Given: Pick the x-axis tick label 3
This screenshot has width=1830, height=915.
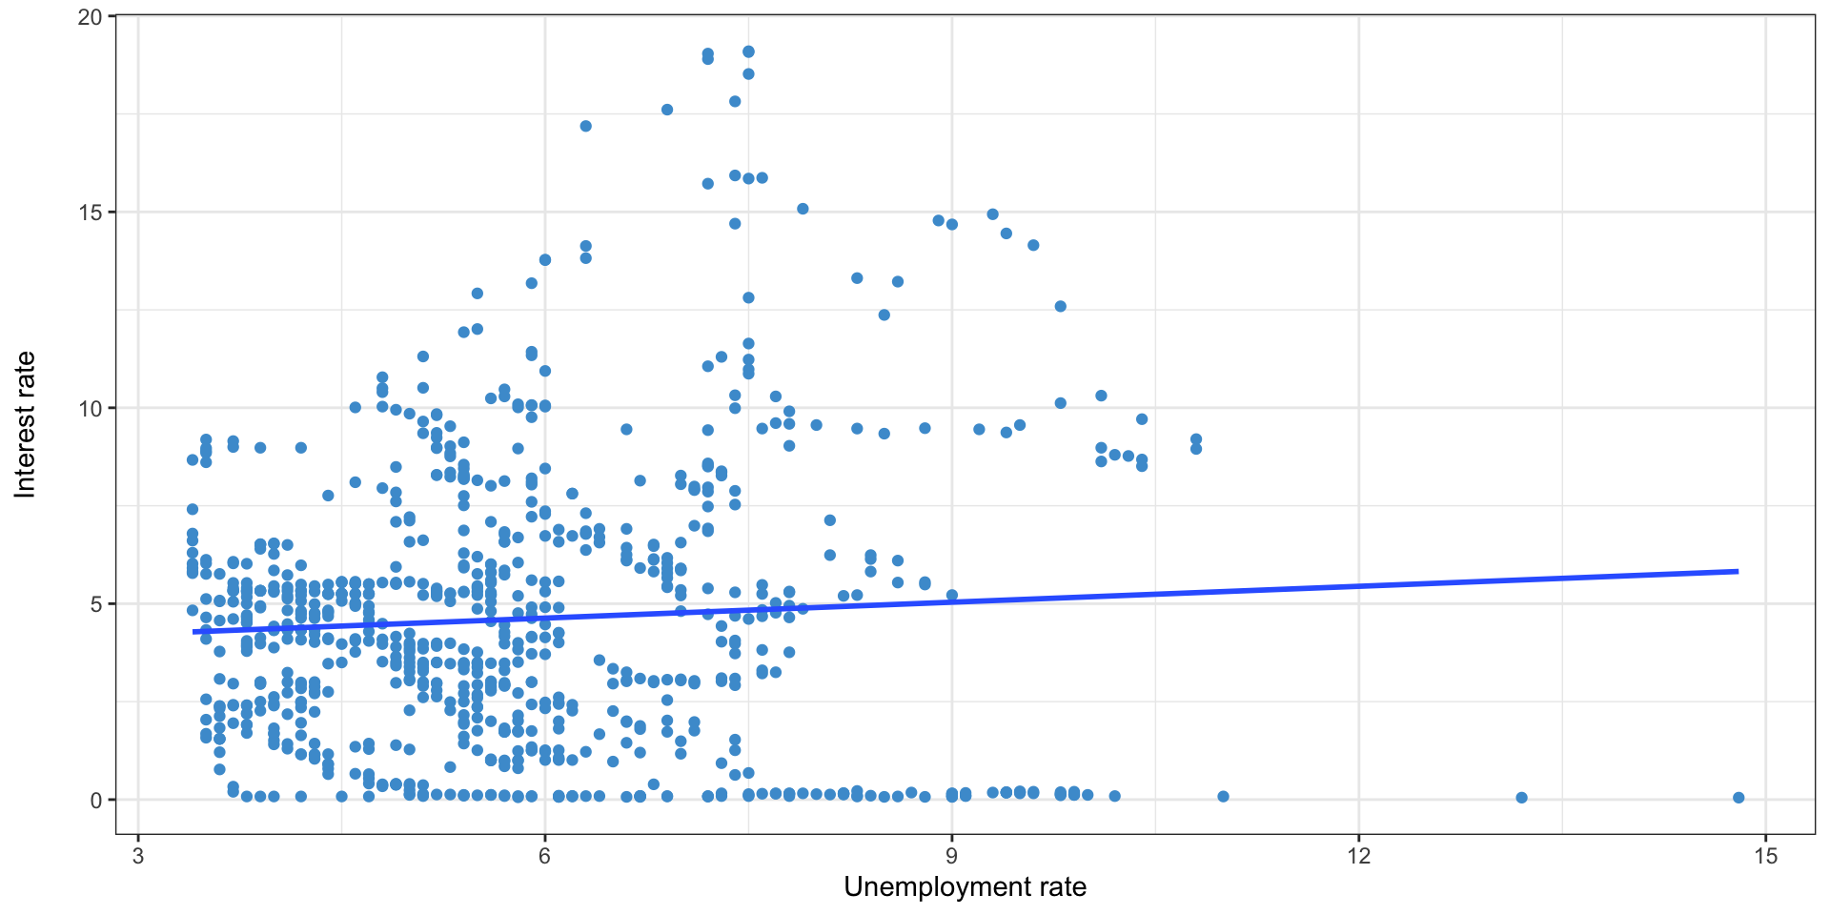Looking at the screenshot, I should tap(138, 855).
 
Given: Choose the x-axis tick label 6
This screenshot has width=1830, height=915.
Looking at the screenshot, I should tap(545, 855).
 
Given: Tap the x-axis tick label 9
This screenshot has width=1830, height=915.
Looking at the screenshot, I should tap(952, 855).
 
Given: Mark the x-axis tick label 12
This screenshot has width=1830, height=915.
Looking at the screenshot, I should tap(1359, 855).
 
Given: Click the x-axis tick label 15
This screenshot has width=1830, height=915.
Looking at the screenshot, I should tap(1766, 855).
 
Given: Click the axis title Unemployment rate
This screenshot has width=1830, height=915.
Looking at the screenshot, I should tap(965, 887).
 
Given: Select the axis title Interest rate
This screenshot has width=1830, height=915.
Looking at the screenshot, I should tap(26, 424).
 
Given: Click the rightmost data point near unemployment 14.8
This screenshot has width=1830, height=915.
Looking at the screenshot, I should tap(1738, 798).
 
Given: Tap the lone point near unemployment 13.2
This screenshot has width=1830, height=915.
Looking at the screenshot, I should tap(1521, 798).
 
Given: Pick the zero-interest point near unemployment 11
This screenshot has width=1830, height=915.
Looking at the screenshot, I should tap(1223, 797).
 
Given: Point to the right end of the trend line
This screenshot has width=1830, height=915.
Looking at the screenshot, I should tap(1738, 571).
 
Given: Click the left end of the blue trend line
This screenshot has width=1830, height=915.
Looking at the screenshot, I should tap(193, 631).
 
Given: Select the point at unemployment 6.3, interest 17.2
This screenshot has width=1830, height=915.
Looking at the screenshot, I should tap(585, 126).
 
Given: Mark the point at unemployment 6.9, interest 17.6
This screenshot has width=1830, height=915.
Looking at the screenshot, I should tap(667, 110).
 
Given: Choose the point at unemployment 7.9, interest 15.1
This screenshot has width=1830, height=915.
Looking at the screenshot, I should tap(803, 209).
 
